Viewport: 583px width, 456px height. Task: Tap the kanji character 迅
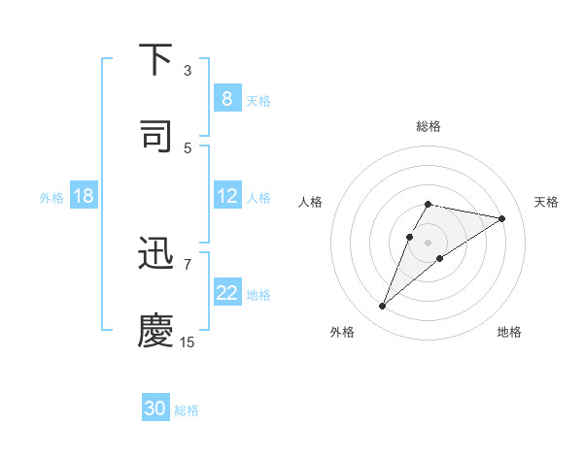click(x=156, y=254)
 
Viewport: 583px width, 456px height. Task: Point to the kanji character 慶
click(x=156, y=331)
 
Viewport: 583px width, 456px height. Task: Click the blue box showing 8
click(x=226, y=99)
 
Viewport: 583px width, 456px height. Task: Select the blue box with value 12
click(x=226, y=196)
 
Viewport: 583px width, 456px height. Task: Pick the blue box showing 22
click(x=226, y=293)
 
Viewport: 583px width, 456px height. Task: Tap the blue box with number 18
click(x=84, y=196)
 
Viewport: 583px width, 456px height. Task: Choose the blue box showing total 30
click(x=155, y=408)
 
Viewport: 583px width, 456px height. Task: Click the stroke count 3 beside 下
click(x=188, y=71)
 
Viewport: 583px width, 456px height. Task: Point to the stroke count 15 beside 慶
click(x=188, y=342)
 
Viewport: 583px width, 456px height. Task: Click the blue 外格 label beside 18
click(x=51, y=197)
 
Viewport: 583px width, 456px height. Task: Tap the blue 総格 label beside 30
click(x=187, y=410)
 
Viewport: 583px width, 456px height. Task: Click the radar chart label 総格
click(x=428, y=126)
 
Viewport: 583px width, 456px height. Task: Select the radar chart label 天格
click(x=546, y=202)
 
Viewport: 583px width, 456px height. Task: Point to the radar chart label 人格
click(x=310, y=202)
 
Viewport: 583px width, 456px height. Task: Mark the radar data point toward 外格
click(x=382, y=307)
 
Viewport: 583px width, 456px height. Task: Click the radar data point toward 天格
click(x=502, y=218)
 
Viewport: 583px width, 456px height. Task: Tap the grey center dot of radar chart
click(x=428, y=243)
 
